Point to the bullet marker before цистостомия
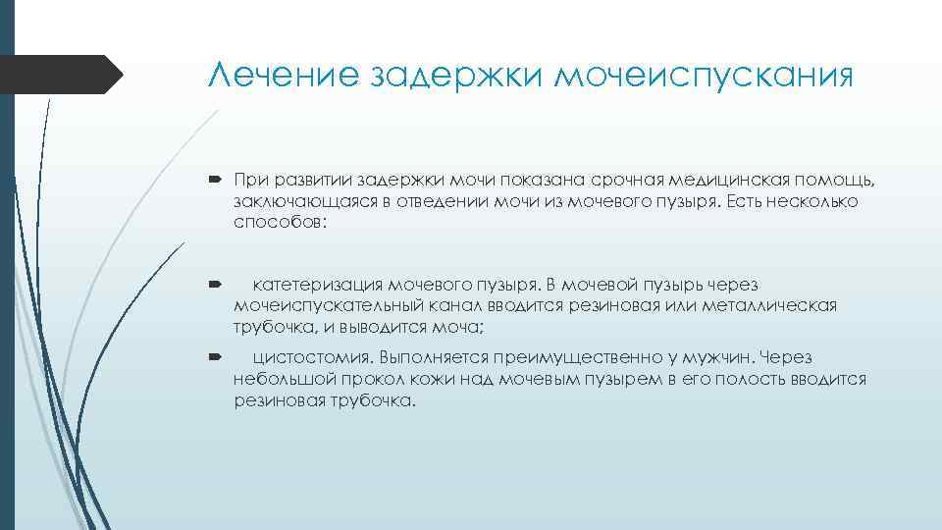coord(217,358)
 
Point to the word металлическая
coord(768,305)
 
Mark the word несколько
coord(806,201)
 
